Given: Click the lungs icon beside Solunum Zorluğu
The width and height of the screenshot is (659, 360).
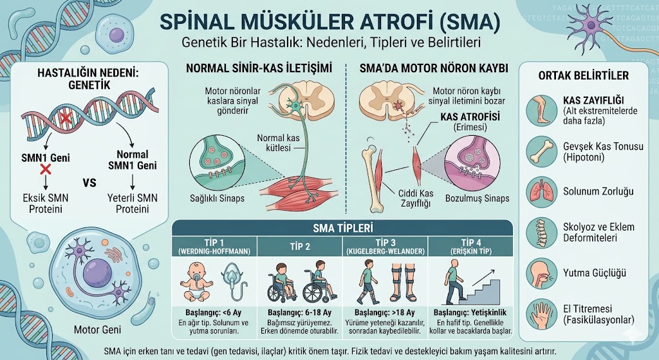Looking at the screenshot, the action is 542,191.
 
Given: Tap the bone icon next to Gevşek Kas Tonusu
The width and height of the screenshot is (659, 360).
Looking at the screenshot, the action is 542,152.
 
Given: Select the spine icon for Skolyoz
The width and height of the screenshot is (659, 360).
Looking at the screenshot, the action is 542,232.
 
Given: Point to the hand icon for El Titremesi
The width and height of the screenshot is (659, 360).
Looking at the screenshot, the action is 542,314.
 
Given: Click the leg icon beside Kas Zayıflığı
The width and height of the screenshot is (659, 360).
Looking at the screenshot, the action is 542,110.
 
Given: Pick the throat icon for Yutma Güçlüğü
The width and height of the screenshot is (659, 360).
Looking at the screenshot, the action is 542,273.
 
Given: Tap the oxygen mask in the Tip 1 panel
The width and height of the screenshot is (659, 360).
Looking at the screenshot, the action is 232,281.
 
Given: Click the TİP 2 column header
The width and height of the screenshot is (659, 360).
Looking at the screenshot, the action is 300,247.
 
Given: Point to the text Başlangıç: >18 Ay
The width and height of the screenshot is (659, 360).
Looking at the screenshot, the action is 385,313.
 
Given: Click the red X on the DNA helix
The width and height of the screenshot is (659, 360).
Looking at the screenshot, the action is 65,118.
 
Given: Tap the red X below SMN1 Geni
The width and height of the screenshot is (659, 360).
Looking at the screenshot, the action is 46,170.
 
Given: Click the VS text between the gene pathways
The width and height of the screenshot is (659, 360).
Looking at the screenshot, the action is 89,184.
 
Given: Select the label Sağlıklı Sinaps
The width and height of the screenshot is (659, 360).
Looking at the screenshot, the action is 217,198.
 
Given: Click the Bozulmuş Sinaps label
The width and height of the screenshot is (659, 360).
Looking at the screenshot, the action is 477,198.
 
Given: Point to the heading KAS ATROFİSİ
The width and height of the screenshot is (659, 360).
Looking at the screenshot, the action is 470,117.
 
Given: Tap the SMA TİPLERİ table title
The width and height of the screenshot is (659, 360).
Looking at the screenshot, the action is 343,229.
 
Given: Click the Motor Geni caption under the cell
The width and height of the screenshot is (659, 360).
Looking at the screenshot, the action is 97,329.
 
